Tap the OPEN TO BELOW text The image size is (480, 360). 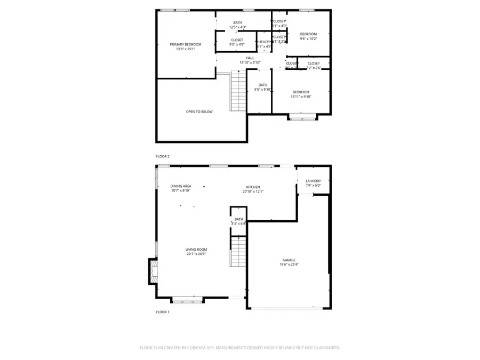pos(199,112)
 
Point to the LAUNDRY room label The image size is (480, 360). pos(313,181)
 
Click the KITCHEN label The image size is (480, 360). pos(253,187)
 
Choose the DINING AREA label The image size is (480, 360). pos(181,186)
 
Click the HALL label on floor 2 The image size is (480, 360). pos(250,58)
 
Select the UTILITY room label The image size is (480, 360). pos(264,42)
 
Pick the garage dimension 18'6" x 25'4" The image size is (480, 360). pos(289,265)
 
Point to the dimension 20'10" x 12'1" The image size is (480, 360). pos(253,191)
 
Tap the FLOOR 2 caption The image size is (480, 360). pos(162,156)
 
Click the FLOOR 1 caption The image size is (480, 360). pos(162,312)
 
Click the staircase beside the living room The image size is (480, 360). pos(238,252)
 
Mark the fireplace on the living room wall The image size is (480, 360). pos(153,271)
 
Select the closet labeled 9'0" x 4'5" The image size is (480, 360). pos(237,42)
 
